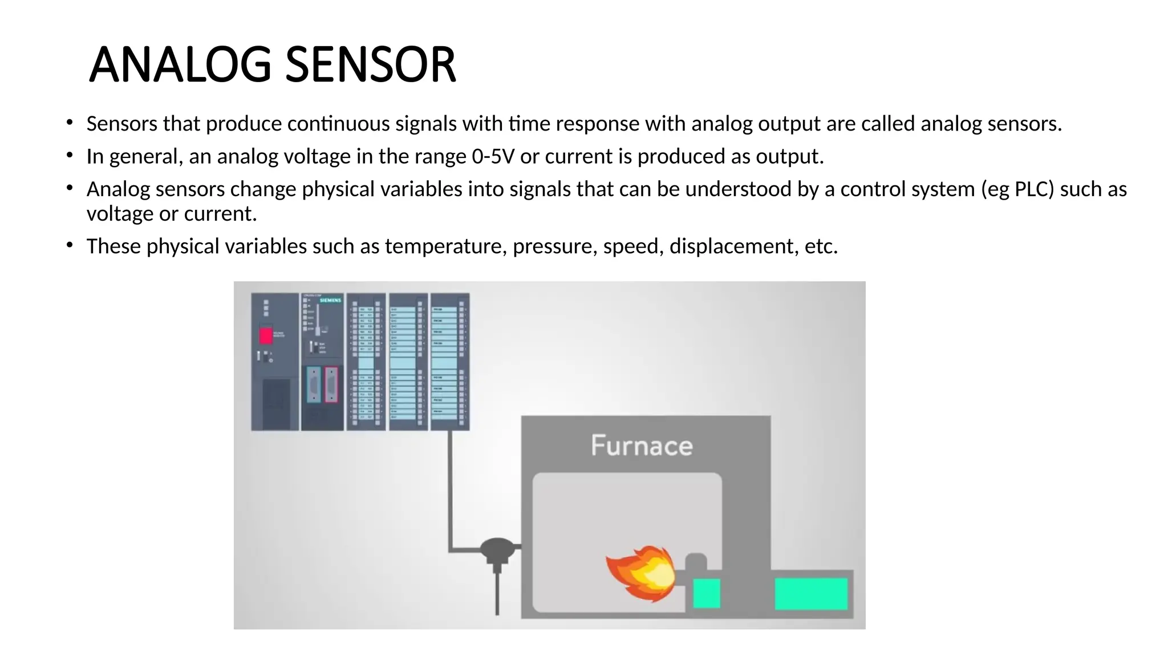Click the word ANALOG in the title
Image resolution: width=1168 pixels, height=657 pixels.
[x=180, y=64]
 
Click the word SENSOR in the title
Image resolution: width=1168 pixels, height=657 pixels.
[x=370, y=64]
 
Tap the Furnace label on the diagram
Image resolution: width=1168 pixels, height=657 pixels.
[x=642, y=445]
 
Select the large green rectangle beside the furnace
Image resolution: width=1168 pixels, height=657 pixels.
[x=811, y=594]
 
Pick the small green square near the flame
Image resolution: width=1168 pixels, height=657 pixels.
[x=706, y=593]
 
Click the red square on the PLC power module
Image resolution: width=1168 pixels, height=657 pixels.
[x=266, y=335]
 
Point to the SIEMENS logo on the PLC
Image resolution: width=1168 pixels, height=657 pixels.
[x=330, y=300]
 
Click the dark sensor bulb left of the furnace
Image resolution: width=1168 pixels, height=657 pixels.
[x=497, y=549]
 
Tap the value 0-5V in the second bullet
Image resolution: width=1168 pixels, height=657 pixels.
[x=493, y=156]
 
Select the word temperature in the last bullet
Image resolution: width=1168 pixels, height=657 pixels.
[x=446, y=246]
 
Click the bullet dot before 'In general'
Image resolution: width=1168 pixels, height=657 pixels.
[x=70, y=155]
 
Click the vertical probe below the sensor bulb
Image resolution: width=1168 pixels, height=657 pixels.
[x=497, y=593]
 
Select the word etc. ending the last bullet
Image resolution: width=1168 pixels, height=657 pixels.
[x=821, y=246]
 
